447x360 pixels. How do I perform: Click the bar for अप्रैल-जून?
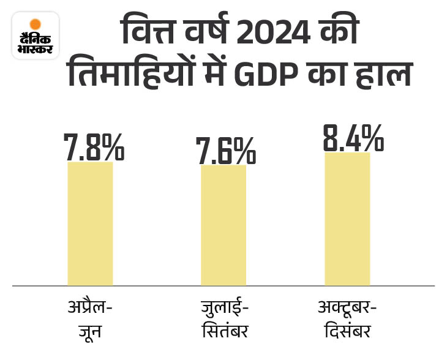click(x=90, y=223)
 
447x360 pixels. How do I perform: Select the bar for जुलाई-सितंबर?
click(x=223, y=225)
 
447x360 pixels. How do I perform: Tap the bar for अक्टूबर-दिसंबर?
click(x=347, y=219)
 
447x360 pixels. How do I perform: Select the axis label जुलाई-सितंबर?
click(x=225, y=319)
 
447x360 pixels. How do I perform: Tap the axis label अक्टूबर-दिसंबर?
click(x=347, y=319)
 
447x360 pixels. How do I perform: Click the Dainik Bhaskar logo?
click(x=36, y=36)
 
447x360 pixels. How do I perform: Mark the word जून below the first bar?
click(x=89, y=333)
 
